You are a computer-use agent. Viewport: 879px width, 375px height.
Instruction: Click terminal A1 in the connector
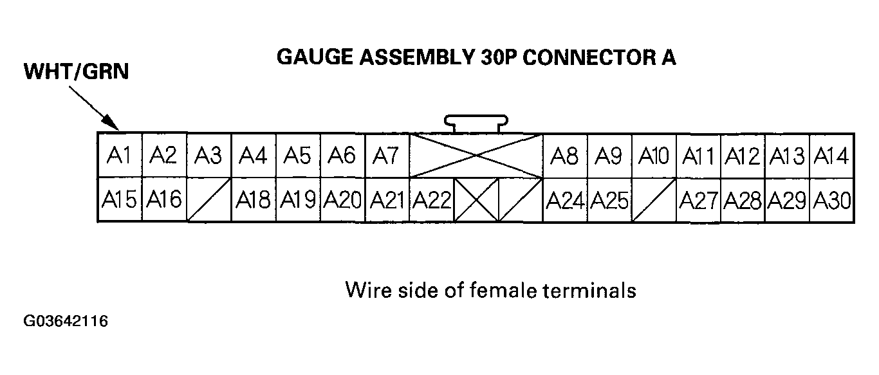point(118,156)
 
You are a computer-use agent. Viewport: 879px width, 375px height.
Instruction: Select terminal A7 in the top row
point(386,156)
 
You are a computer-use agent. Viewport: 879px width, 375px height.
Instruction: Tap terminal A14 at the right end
point(831,156)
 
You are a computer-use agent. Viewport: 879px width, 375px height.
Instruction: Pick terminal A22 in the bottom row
point(431,201)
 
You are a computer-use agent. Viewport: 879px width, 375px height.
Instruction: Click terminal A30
point(831,201)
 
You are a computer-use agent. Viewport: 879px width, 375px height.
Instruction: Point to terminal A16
point(163,201)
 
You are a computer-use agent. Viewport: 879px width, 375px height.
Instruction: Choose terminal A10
point(654,156)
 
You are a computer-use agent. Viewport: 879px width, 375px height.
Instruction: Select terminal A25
point(609,201)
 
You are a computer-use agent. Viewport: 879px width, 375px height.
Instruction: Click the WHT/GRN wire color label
point(77,72)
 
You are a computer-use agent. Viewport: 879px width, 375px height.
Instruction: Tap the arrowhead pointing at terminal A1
point(112,123)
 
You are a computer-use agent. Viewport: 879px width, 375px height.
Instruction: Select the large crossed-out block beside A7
point(476,156)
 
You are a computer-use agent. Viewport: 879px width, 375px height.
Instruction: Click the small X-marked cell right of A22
point(476,201)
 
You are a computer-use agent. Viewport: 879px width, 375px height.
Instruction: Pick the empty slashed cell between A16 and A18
point(208,201)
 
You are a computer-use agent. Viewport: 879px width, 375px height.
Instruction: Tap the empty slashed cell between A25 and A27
point(654,201)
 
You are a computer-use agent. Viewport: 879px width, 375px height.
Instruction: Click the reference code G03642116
point(66,321)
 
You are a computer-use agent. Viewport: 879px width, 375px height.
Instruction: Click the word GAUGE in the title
point(309,57)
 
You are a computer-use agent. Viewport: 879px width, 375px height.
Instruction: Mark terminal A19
point(297,201)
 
